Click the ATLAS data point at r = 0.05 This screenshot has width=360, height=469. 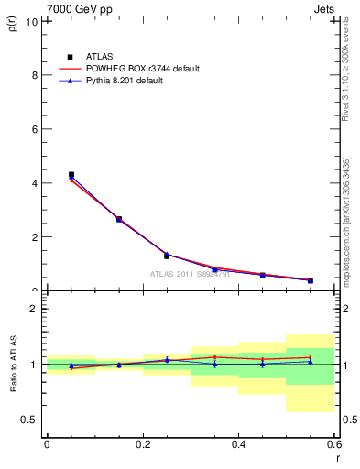tap(71, 174)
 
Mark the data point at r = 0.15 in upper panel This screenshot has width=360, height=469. tap(119, 219)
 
